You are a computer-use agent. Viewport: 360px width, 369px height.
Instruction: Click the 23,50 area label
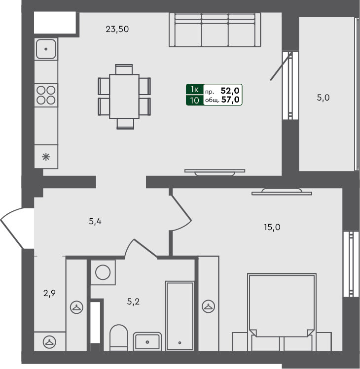coord(117,29)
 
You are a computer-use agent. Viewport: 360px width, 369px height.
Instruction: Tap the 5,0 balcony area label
coord(323,98)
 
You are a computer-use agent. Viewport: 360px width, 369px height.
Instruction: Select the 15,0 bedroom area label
coord(272,227)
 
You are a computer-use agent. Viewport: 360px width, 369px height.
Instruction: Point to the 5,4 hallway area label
coord(95,221)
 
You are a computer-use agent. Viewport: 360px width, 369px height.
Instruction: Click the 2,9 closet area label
coord(49,294)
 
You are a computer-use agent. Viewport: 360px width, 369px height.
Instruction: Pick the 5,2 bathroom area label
coord(133,302)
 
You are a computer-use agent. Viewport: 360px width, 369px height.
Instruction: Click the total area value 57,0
coord(231,100)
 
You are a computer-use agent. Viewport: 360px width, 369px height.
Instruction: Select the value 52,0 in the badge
coord(231,90)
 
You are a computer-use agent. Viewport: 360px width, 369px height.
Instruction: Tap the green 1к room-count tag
coord(194,90)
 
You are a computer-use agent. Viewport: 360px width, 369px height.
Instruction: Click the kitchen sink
coord(46,49)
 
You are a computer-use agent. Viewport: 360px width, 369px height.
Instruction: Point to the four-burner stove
coord(46,95)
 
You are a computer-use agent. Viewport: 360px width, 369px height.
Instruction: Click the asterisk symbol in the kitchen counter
coord(46,157)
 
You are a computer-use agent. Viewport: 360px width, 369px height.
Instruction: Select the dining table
coord(124,96)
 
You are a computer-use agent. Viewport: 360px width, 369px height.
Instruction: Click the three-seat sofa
coord(215,31)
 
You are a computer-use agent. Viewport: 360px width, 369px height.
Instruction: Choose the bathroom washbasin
coord(147,341)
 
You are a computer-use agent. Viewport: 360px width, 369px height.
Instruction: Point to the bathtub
coord(180,315)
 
